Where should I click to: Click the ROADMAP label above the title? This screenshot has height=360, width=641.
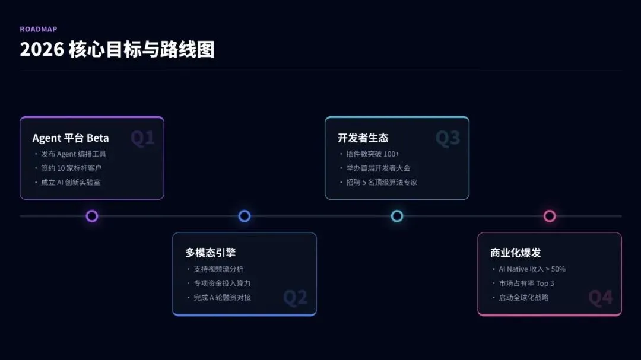(x=39, y=29)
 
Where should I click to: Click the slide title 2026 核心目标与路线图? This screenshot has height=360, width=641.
(x=117, y=50)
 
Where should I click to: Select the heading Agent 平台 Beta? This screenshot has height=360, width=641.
(x=71, y=138)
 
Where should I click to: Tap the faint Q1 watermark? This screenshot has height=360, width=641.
(x=142, y=139)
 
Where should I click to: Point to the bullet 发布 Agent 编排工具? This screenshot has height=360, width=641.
(x=74, y=154)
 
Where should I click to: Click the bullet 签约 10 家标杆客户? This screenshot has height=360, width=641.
(x=71, y=168)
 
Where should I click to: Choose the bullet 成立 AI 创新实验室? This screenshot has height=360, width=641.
(x=71, y=183)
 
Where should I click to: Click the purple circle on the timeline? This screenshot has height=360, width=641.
(x=92, y=216)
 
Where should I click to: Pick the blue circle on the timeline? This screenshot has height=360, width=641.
(x=245, y=216)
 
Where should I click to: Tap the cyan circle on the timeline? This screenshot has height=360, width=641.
(x=397, y=216)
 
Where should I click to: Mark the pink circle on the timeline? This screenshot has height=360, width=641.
(x=550, y=216)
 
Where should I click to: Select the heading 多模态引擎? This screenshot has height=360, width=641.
(x=210, y=253)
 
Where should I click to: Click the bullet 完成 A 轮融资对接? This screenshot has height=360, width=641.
(x=223, y=298)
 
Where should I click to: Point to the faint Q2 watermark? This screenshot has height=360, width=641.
(x=295, y=298)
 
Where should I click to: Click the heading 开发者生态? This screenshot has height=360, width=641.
(x=363, y=138)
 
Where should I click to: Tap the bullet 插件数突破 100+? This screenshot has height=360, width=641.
(x=373, y=154)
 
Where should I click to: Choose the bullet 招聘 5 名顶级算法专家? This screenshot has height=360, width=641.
(x=382, y=183)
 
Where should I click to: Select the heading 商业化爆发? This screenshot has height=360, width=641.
(x=515, y=253)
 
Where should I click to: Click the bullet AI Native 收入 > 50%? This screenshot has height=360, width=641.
(x=532, y=269)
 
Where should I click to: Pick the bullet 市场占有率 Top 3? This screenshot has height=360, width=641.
(x=526, y=283)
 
